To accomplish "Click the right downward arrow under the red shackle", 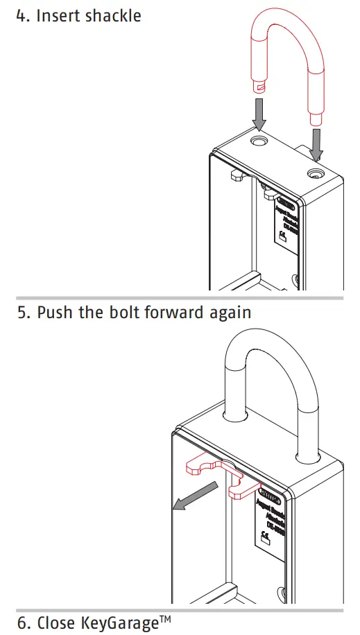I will point(316,143).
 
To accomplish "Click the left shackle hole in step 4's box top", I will point(259,141).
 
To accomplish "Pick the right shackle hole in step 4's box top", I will point(316,171).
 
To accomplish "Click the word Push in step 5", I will point(55,313).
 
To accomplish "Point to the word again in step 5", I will point(230,313).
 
